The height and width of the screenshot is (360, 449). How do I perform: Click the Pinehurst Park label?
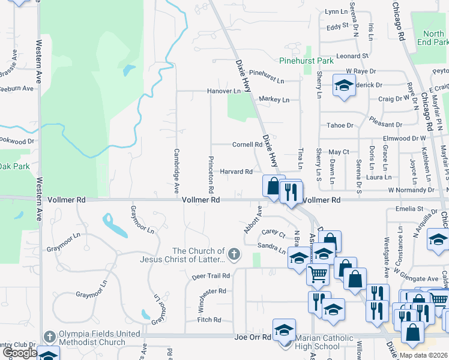(306, 61)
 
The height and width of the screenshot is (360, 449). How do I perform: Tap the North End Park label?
(435, 38)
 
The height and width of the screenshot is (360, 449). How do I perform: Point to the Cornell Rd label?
(247, 145)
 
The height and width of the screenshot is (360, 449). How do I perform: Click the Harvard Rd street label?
(236, 172)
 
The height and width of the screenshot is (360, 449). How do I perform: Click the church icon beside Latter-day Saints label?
(234, 255)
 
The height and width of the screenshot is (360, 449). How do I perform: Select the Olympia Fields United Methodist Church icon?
(49, 335)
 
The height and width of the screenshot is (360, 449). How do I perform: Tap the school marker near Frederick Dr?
(344, 86)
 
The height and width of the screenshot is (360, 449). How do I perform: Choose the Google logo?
(19, 353)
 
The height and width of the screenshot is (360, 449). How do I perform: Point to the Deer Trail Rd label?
(211, 276)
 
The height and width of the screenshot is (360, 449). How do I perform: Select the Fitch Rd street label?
(209, 320)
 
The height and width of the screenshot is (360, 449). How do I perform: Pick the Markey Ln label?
(274, 99)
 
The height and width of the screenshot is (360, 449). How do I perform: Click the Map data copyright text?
(423, 355)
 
